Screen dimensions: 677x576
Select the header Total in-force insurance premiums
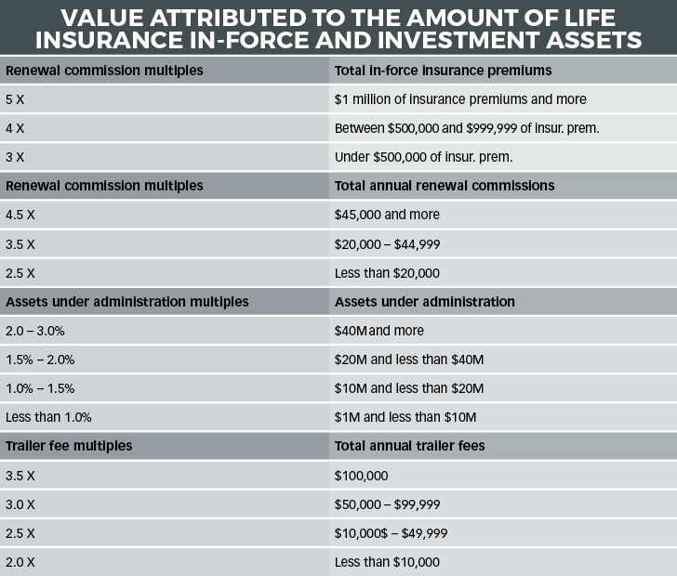click(x=443, y=71)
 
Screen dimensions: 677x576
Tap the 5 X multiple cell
click(x=15, y=99)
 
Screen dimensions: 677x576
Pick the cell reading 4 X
click(x=15, y=128)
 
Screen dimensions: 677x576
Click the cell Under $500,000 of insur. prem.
click(x=423, y=157)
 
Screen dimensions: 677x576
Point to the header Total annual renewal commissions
click(x=445, y=186)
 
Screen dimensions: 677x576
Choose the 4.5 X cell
click(x=20, y=215)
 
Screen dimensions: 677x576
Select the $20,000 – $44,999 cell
click(x=387, y=244)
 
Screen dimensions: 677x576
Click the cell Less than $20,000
click(x=387, y=273)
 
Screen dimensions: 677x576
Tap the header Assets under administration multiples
click(x=126, y=302)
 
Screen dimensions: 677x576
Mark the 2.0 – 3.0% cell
click(x=35, y=332)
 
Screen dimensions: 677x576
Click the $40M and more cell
click(x=379, y=331)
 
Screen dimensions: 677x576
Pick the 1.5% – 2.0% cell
click(x=40, y=360)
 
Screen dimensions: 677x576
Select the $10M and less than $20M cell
click(x=409, y=388)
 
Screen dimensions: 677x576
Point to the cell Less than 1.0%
click(x=48, y=417)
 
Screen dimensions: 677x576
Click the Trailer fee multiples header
click(x=69, y=446)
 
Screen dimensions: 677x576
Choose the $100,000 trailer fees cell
click(x=361, y=476)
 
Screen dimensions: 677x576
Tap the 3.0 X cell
click(x=20, y=504)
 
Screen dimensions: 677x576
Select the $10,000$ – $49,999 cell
click(x=391, y=533)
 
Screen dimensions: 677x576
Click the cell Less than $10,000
click(x=387, y=562)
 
